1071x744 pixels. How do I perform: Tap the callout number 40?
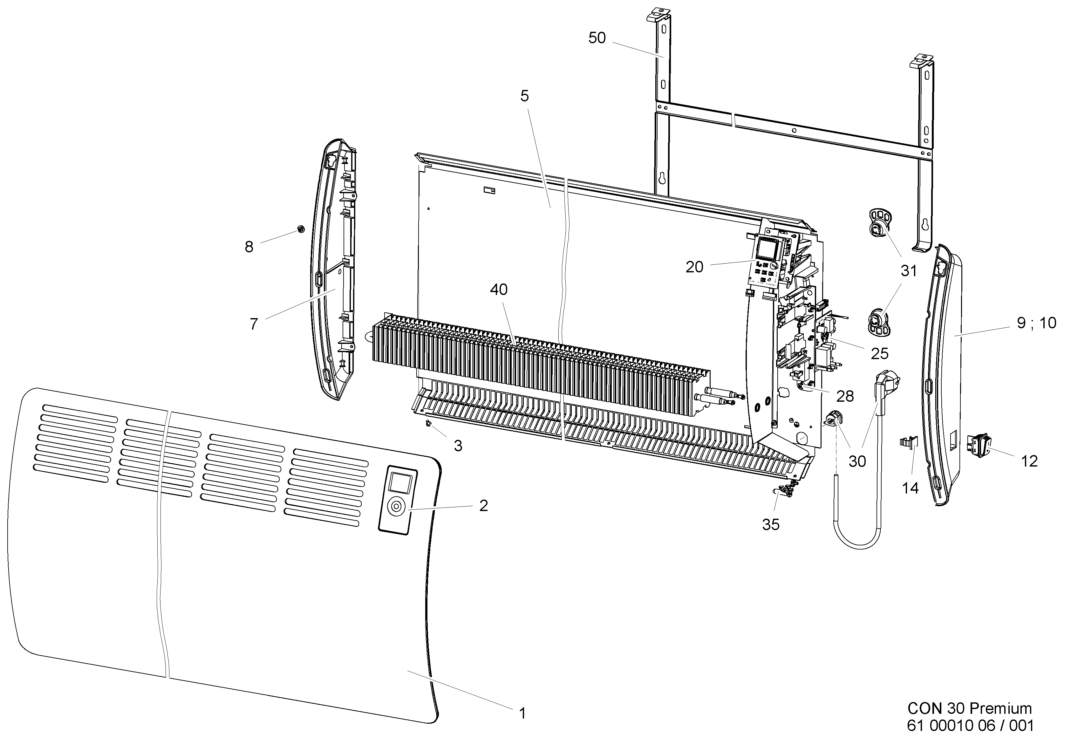tap(498, 290)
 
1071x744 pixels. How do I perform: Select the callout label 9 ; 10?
tap(1036, 323)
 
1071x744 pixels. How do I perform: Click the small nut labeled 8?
tap(301, 229)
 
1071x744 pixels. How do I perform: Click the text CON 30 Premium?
tap(969, 709)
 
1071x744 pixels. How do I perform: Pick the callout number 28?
tap(845, 396)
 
